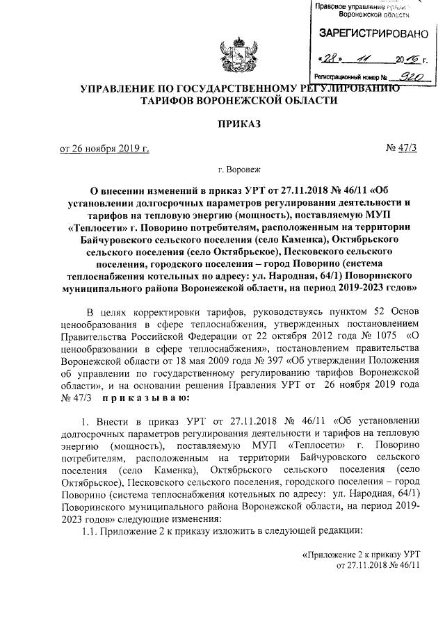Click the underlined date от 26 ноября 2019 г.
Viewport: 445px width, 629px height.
104,148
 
